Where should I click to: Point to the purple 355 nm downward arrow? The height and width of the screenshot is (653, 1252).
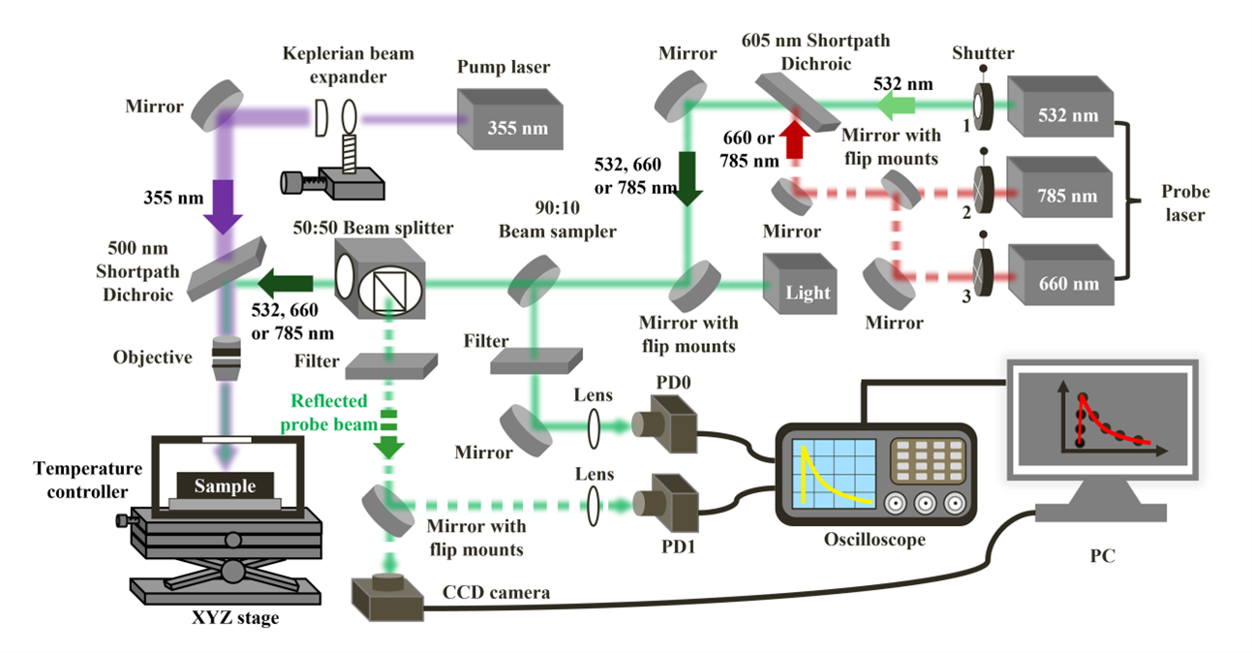(223, 207)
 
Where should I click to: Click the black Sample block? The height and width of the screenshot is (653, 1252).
(225, 484)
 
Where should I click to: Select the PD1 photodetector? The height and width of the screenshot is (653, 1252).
(667, 502)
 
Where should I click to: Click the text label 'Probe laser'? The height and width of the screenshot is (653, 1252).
(1178, 202)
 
